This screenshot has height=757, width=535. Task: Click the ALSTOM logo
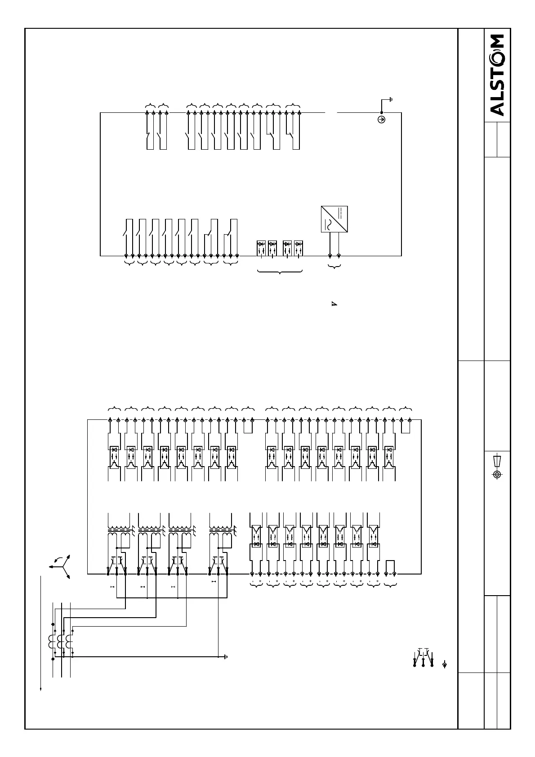[496, 75]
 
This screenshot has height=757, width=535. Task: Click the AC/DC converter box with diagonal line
[334, 219]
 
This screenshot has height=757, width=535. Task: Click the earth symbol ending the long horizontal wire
[225, 657]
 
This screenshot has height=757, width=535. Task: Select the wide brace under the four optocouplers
[280, 272]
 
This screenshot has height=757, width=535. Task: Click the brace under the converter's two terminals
[334, 267]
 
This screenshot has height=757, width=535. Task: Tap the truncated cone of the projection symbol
[497, 461]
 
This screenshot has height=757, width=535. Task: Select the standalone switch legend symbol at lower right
[423, 657]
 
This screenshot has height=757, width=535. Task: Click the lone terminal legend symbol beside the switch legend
[445, 664]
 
